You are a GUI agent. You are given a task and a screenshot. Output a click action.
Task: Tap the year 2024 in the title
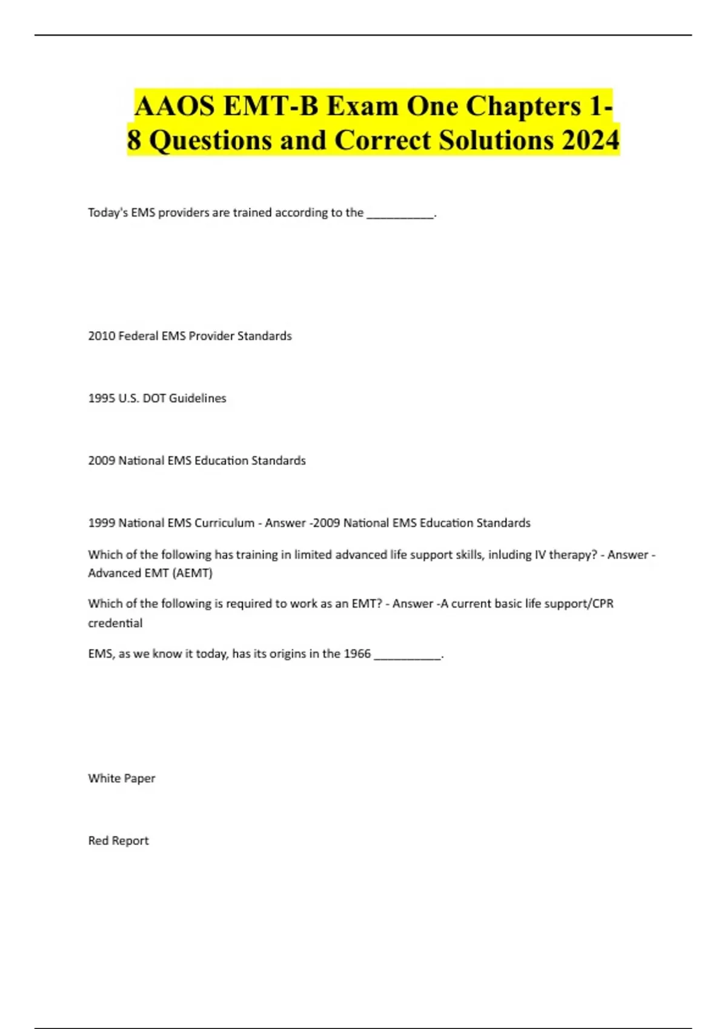tap(590, 140)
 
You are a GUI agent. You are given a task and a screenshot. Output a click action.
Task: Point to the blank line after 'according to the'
tap(400, 214)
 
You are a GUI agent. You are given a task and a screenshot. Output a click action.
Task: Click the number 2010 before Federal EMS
tap(101, 336)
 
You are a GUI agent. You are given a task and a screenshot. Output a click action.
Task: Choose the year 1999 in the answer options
tap(101, 523)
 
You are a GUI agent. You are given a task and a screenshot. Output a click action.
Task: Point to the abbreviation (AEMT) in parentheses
tap(193, 573)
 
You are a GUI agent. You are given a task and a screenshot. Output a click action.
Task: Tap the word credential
tap(115, 623)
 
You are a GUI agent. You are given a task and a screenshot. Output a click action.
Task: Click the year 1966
tap(357, 654)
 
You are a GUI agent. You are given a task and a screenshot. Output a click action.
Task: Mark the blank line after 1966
tap(408, 656)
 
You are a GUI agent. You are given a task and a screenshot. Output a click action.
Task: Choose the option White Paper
tap(121, 778)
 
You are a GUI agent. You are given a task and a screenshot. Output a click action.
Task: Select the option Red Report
tap(118, 841)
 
